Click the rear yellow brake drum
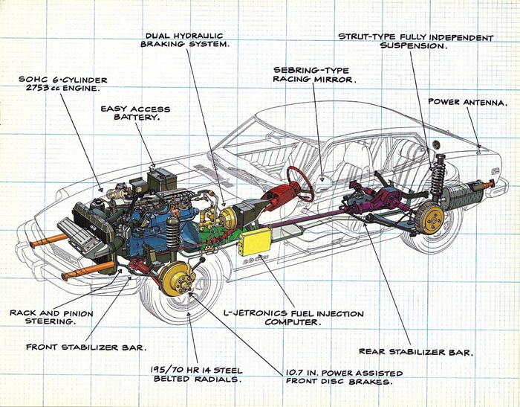point(430,217)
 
